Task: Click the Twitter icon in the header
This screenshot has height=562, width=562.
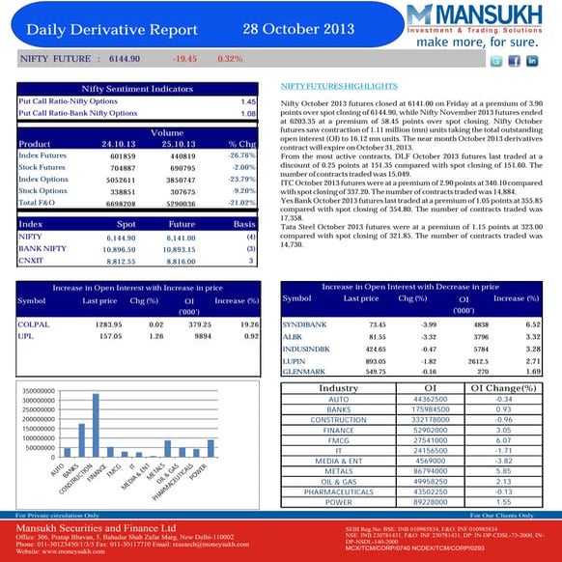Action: click(x=495, y=61)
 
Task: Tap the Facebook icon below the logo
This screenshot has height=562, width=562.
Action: click(x=515, y=61)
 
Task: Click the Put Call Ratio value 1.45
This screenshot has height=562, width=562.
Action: click(x=247, y=101)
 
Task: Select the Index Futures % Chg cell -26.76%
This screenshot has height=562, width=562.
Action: click(x=240, y=155)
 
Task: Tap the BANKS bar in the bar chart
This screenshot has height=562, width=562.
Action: click(x=81, y=440)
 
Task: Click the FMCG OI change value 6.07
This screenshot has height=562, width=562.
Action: click(x=502, y=440)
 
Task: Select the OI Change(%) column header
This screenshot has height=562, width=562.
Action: click(x=503, y=387)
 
